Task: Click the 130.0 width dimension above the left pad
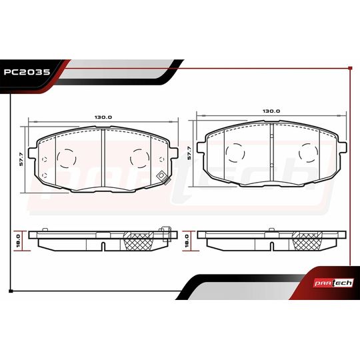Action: (x=103, y=117)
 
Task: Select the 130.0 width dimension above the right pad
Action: (x=271, y=111)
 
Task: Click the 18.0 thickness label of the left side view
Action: (x=19, y=237)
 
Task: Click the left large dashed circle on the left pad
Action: (x=67, y=158)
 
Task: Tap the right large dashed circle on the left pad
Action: (x=139, y=158)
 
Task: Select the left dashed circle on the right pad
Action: (x=235, y=154)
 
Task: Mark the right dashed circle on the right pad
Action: (x=307, y=154)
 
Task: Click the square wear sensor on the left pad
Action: (x=160, y=177)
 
